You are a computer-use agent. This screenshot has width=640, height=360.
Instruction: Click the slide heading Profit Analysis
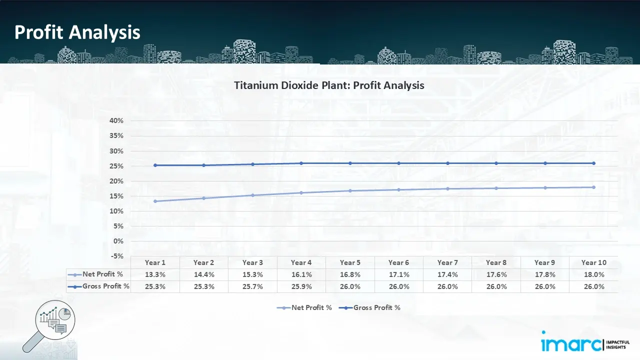(77, 32)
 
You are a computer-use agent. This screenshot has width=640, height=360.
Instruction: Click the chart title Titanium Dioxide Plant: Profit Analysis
(329, 85)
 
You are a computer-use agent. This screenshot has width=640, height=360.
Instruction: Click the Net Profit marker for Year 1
(155, 201)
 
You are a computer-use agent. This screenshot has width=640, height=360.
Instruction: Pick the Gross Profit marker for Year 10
(593, 163)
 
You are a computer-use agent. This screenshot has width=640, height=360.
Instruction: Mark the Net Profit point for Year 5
(350, 190)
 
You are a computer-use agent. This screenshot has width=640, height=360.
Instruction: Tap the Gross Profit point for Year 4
(301, 163)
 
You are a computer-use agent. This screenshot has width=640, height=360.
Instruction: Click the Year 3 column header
(252, 262)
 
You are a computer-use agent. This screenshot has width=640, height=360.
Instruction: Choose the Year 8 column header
(496, 262)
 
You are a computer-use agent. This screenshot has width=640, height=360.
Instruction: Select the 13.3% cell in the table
(155, 274)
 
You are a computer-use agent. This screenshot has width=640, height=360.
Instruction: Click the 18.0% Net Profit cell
(594, 274)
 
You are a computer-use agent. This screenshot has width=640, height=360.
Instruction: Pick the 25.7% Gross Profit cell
(252, 286)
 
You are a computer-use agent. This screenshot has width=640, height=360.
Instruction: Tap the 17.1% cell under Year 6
(399, 274)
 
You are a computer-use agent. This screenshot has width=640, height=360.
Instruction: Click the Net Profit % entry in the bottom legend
(305, 308)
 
